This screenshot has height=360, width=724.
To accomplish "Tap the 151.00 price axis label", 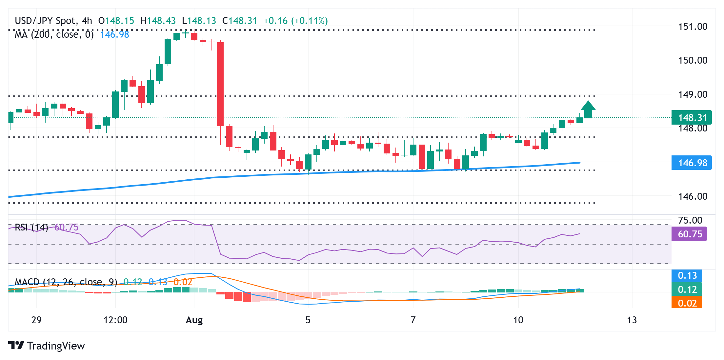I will pos(693,27).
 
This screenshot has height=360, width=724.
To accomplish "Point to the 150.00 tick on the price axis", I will pos(693,60).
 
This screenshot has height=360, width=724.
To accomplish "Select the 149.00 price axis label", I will pos(693,94).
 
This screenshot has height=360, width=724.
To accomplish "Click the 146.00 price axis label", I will pos(693,196).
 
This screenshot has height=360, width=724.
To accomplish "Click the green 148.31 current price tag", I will pos(692,117).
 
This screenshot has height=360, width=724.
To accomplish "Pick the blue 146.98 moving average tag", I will pos(692,163).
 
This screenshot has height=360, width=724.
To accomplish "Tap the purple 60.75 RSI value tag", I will pos(689,234).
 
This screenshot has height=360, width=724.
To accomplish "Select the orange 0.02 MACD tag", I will pos(687,303).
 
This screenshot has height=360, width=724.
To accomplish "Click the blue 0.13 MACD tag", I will pos(687,275).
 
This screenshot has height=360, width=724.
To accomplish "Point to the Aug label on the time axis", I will pos(194,320).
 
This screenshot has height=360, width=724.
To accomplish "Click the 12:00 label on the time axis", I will pos(115,320).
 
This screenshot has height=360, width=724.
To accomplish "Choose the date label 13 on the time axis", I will pos(632,320).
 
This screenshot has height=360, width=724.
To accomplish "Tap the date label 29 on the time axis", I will pos(36,320).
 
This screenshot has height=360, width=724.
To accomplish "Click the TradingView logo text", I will pos(56,346).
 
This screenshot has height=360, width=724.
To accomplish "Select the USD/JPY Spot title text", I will pos(45,21).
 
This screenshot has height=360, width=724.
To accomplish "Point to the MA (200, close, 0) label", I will pos(54,34).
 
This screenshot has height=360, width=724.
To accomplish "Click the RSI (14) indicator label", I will pos(31,227).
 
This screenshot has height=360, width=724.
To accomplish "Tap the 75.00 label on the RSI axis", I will pos(690,220).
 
